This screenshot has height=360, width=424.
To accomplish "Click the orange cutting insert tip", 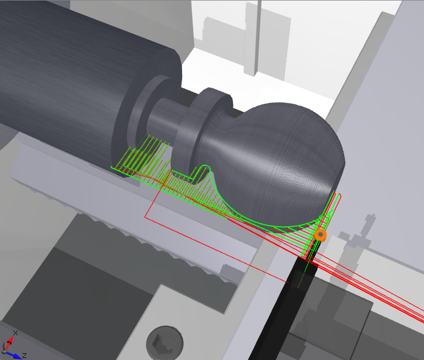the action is pos(321,235).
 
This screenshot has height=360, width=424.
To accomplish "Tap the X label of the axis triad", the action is pos(15,333).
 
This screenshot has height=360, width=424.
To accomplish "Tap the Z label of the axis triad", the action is pos(24,355).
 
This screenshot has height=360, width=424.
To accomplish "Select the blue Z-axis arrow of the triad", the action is pos(14,355).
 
